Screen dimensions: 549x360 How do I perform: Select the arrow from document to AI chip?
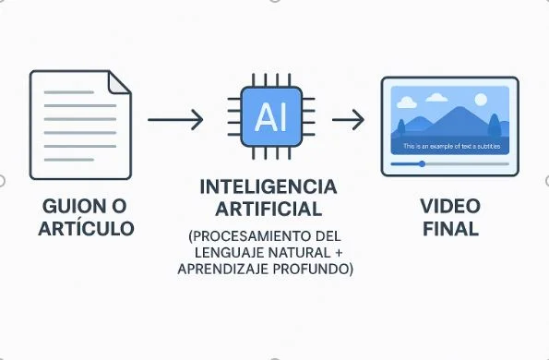point(175,119)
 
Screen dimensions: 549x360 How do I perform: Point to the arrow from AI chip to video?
point(347,119)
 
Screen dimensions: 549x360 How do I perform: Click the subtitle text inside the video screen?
point(449,148)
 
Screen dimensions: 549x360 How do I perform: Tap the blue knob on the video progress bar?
point(422,163)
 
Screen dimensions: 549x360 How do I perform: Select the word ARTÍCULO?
point(81,227)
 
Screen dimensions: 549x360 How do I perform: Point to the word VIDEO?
point(449,205)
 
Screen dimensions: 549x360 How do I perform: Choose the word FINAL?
point(449,227)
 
